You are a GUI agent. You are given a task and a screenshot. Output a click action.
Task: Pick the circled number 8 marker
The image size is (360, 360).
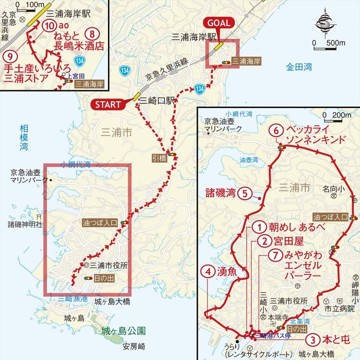click(94, 34)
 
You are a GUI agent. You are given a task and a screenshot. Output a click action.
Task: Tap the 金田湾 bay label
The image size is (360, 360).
click(299, 68)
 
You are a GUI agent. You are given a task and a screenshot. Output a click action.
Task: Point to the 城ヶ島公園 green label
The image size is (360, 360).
click(124, 331)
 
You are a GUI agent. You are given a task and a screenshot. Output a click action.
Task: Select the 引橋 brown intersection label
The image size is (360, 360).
click(156, 156)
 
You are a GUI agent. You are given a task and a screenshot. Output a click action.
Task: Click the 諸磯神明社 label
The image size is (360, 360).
click(25, 224)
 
